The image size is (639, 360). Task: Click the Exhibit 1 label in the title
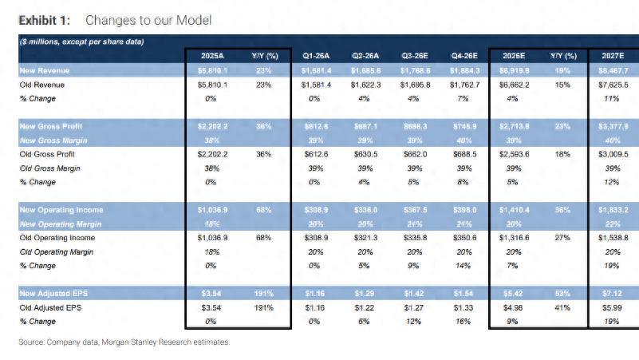(45, 18)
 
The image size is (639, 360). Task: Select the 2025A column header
(212, 56)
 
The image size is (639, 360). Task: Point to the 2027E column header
(613, 56)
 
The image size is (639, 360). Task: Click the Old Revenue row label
(42, 85)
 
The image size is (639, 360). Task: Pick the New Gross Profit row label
(50, 126)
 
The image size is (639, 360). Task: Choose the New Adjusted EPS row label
(52, 294)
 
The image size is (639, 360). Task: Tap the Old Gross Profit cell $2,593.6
(512, 154)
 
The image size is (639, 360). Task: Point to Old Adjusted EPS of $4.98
(512, 307)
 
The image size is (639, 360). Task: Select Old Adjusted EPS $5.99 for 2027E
(613, 307)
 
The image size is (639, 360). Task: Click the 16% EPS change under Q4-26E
(463, 322)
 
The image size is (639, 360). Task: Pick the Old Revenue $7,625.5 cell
(613, 85)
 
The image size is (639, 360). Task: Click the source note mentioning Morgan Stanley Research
(124, 342)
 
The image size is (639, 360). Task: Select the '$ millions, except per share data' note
(81, 42)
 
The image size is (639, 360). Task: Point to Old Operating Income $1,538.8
(613, 238)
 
